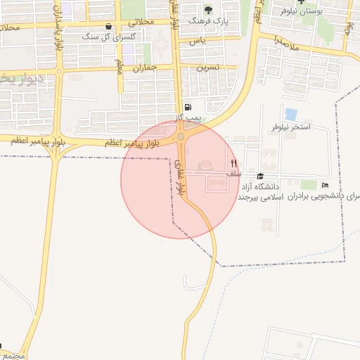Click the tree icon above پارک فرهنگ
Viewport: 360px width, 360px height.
pos(207,10)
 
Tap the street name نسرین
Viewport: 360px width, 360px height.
pos(208,67)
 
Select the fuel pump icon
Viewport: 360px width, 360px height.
pos(187,106)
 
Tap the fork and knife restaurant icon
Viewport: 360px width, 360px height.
pos(233,162)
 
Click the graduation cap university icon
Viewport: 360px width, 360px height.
pos(260,176)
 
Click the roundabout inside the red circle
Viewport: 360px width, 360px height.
pos(181,137)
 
